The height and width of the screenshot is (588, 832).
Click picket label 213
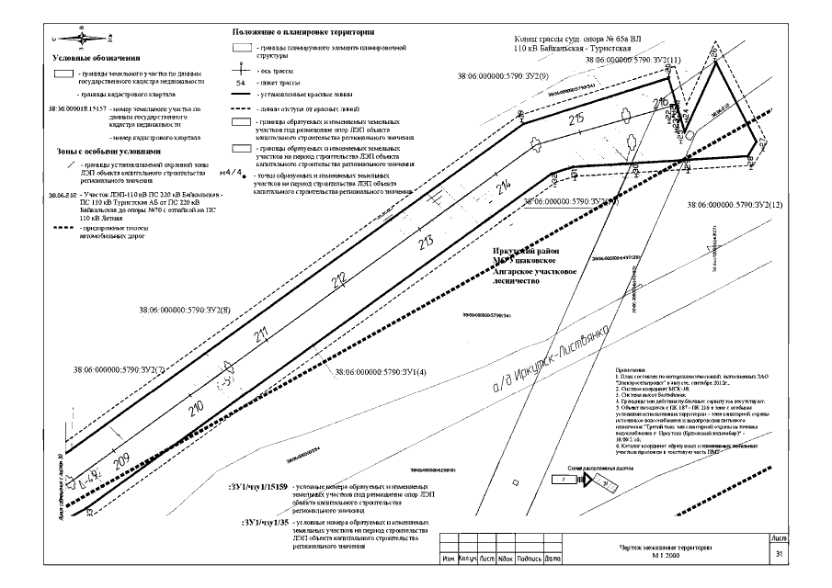[425, 243]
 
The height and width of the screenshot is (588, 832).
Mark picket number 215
[576, 119]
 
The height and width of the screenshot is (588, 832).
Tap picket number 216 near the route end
[659, 102]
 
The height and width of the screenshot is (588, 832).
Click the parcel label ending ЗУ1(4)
[381, 372]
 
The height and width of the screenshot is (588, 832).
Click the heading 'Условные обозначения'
[94, 58]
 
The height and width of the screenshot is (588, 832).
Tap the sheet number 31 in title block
[779, 554]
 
